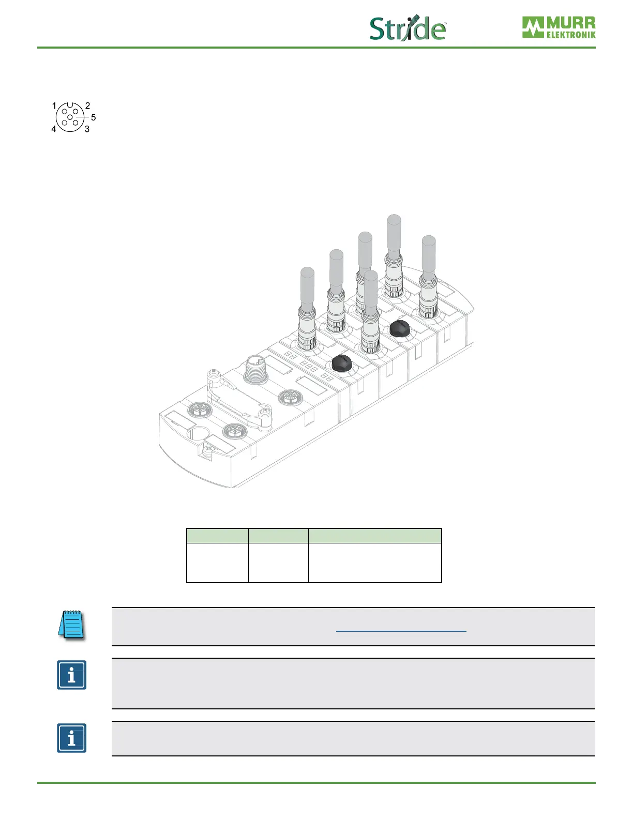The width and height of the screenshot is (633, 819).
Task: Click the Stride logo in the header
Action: (x=408, y=28)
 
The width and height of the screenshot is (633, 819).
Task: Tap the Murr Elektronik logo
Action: (x=559, y=27)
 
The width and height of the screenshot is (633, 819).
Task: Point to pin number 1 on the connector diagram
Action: (x=54, y=105)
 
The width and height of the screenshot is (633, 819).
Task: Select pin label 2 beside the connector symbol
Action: (x=87, y=105)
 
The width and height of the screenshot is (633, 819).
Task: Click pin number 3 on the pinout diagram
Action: (x=87, y=129)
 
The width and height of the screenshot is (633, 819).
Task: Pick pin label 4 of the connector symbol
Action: (x=54, y=129)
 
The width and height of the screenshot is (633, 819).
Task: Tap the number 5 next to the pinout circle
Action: (x=94, y=117)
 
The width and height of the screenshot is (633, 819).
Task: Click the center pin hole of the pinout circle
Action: (x=70, y=117)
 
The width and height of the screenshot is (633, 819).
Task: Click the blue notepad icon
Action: (x=72, y=625)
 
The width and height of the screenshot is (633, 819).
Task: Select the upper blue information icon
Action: (x=72, y=675)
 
